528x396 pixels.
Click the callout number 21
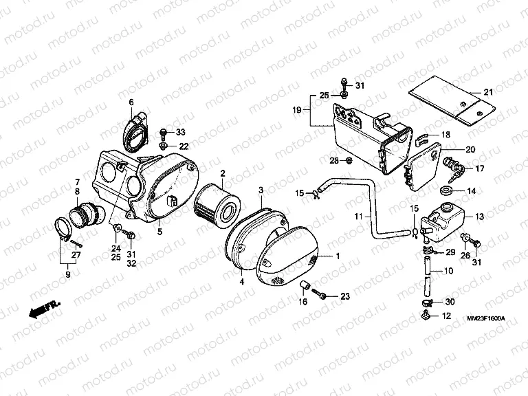tap(488, 92)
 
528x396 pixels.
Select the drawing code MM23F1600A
tap(486, 318)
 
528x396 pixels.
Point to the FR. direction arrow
tap(44, 309)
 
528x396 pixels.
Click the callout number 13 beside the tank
tap(479, 217)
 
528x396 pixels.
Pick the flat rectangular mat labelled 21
tap(452, 100)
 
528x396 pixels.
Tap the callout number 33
tap(181, 132)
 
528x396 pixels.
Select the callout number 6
tap(131, 102)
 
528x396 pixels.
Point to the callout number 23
tap(345, 296)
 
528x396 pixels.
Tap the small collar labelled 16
tap(306, 285)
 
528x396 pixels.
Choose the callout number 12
tap(446, 316)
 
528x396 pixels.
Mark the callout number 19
tap(297, 110)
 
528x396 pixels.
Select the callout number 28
tap(334, 161)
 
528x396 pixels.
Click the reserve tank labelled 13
tap(442, 222)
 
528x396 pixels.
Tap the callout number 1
tap(338, 256)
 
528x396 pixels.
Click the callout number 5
tap(160, 231)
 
